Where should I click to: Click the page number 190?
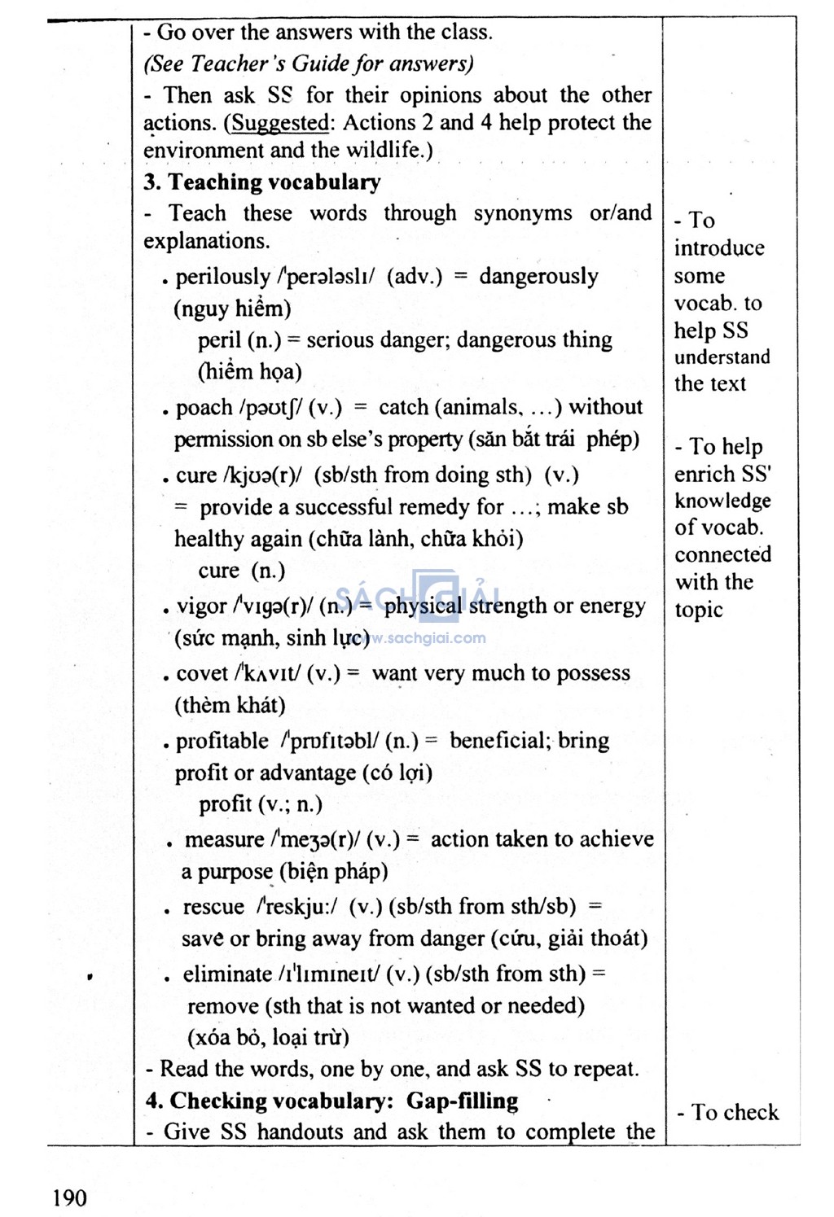point(69,1197)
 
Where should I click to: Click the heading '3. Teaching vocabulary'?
point(262,182)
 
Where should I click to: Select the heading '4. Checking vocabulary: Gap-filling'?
point(331,1101)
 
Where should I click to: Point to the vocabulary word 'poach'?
point(204,408)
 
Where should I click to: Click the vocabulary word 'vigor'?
point(201,606)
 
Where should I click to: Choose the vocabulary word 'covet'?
point(202,674)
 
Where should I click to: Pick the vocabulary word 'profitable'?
point(222,742)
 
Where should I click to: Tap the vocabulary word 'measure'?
point(225,839)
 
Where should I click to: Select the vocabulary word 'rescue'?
point(213,907)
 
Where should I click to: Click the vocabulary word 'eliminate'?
point(226,974)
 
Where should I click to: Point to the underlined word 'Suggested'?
point(280,123)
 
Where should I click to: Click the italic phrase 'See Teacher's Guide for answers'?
point(308,63)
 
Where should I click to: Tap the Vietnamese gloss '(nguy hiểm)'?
point(232,309)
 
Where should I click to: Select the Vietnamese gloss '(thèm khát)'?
point(230,705)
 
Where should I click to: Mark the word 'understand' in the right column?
point(722,357)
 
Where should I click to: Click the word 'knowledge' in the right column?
point(722,501)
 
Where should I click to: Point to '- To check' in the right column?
point(727,1112)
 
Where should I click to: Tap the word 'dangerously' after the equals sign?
point(538,277)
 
